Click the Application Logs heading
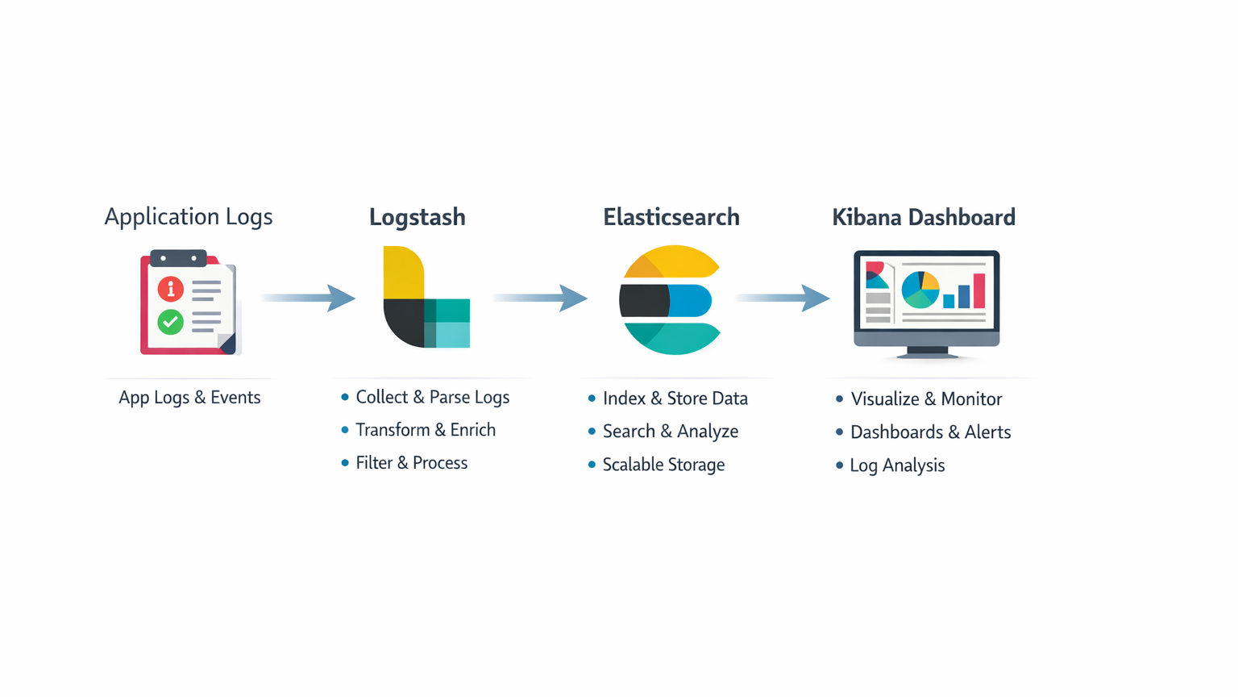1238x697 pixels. (x=189, y=216)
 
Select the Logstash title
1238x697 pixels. (x=417, y=217)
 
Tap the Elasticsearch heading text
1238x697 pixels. (x=671, y=217)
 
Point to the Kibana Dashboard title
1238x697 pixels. (x=924, y=217)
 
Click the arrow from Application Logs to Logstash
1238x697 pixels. (x=309, y=298)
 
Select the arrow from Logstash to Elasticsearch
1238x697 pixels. (x=541, y=298)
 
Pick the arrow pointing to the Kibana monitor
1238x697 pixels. (x=783, y=298)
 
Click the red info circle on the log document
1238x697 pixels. (x=170, y=289)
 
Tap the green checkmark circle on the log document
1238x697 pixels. (x=170, y=322)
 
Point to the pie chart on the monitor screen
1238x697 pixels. (x=920, y=290)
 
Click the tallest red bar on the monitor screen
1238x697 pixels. (x=979, y=290)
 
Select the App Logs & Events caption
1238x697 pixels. (x=189, y=398)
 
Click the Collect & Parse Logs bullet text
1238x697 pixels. (x=432, y=397)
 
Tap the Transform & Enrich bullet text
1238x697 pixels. (x=426, y=430)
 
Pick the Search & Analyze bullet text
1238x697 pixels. (x=671, y=432)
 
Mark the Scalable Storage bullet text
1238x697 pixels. (x=663, y=465)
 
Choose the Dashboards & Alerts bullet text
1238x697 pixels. (x=930, y=432)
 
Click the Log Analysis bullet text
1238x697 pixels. (x=897, y=465)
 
